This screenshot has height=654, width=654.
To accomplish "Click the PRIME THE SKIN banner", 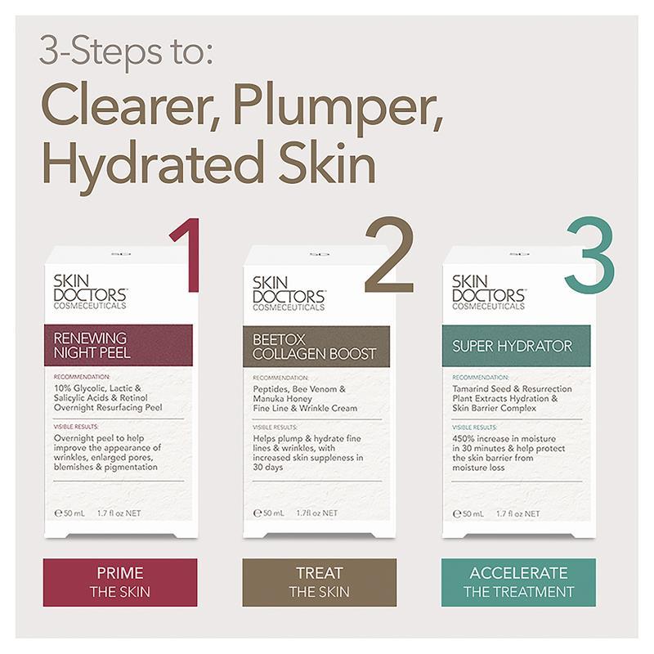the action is pos(120,582).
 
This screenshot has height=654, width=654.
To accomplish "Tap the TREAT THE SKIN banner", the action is pos(320,582).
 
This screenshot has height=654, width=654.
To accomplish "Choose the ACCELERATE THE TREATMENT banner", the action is pos(518,582).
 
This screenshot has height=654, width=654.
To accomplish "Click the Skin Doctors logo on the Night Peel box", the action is pos(90,292).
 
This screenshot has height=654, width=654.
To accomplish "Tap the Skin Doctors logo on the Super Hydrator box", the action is pos(489,293).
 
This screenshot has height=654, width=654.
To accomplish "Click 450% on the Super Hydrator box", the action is pos(464,439).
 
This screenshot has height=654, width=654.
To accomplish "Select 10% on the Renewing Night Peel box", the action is pos(63,388).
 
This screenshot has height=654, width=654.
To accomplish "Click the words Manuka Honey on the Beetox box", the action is pos(282,399).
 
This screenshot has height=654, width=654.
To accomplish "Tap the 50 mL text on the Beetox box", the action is pos(274,513).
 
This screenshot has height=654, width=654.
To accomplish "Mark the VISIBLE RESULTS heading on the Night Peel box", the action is pos(76,427).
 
